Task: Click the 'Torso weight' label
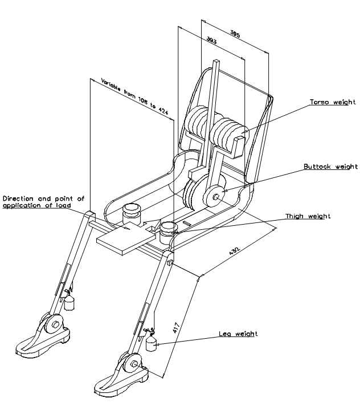[333, 102]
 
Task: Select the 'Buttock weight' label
[330, 167]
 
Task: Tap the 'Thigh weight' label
[308, 216]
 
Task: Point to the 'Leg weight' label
[238, 334]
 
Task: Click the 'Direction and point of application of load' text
[43, 202]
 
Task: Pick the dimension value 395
[235, 35]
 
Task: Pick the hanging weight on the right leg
[152, 344]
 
